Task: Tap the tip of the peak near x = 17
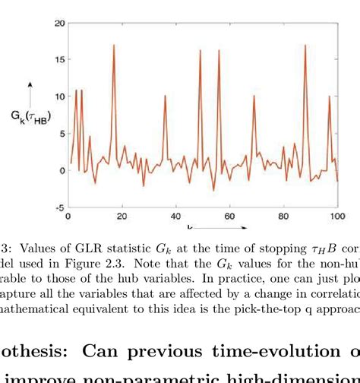[114, 45]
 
